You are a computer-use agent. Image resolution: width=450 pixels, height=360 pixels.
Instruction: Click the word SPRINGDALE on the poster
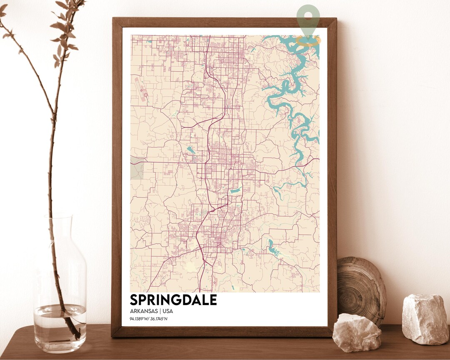pyautogui.click(x=173, y=300)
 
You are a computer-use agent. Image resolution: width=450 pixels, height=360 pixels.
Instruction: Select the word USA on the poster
pyautogui.click(x=167, y=311)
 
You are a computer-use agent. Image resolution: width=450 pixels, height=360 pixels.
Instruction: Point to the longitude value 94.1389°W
pyautogui.click(x=140, y=320)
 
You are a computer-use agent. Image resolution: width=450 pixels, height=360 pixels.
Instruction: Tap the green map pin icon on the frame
pyautogui.click(x=308, y=21)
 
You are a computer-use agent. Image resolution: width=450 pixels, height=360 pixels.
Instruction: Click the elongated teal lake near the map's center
pyautogui.click(x=235, y=190)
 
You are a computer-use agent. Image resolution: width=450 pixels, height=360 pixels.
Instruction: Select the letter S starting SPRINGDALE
pyautogui.click(x=135, y=300)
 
